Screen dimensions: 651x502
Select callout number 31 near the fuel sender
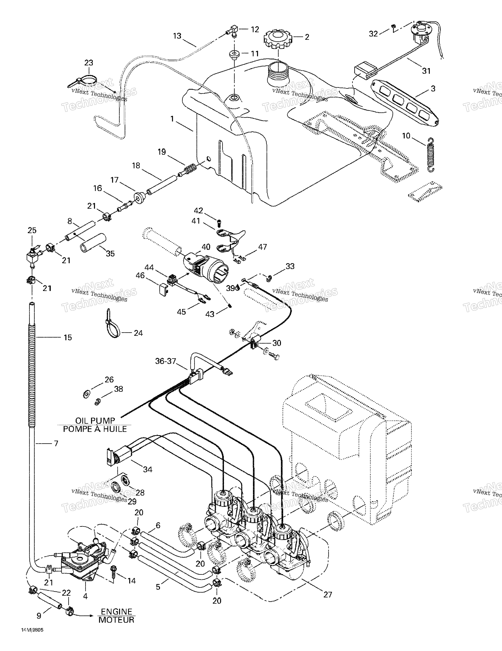pyautogui.click(x=426, y=71)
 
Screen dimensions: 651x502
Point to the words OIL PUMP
pyautogui.click(x=95, y=421)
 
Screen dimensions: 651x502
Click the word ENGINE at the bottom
pyautogui.click(x=116, y=612)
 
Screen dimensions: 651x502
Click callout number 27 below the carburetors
pyautogui.click(x=328, y=594)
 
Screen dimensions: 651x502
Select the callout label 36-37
pyautogui.click(x=166, y=361)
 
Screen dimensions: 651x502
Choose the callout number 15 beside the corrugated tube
pyautogui.click(x=68, y=337)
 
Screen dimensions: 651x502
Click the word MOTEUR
pyautogui.click(x=116, y=620)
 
